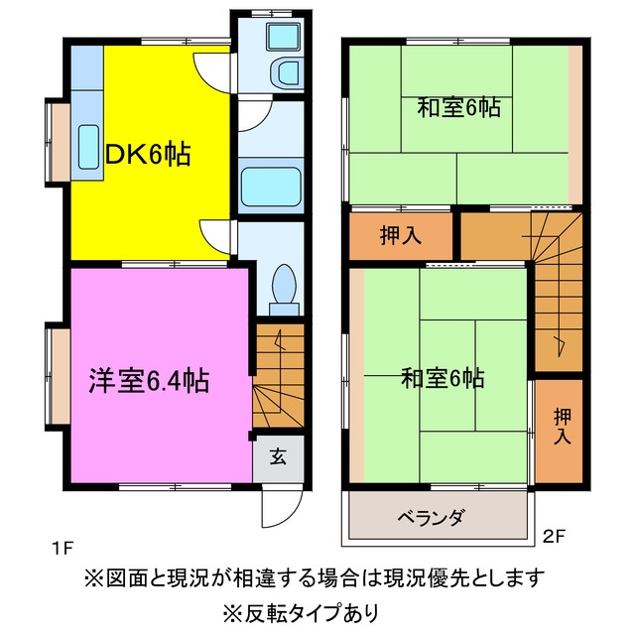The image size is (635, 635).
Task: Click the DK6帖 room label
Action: pyautogui.click(x=148, y=155)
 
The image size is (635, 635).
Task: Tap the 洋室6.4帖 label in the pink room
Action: pyautogui.click(x=149, y=380)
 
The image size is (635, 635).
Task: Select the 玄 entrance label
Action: pyautogui.click(x=278, y=457)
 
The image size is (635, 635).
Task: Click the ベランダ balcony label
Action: pyautogui.click(x=431, y=517)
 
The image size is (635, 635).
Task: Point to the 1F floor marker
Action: pyautogui.click(x=62, y=549)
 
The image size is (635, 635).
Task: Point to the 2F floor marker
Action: pyautogui.click(x=554, y=537)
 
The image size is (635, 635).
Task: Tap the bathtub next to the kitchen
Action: pyautogui.click(x=271, y=187)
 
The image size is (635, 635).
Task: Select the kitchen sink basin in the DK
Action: pyautogui.click(x=88, y=147)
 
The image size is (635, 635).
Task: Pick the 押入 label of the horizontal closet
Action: pyautogui.click(x=401, y=235)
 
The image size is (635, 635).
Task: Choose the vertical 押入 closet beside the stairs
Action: pyautogui.click(x=559, y=431)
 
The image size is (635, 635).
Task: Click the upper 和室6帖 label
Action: pyautogui.click(x=458, y=108)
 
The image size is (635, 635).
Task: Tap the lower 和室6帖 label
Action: pyautogui.click(x=443, y=378)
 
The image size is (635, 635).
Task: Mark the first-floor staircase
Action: pyautogui.click(x=279, y=375)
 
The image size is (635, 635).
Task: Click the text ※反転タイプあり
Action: pyautogui.click(x=301, y=613)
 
